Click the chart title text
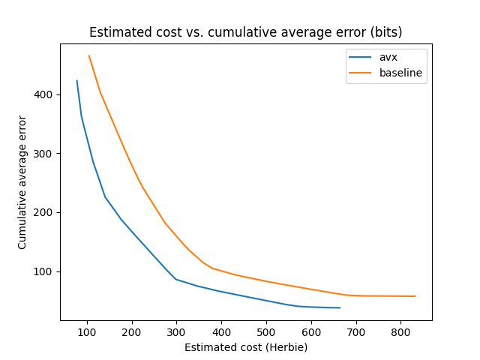(x=245, y=32)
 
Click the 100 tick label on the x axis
(x=87, y=332)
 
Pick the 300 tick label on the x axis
(x=177, y=332)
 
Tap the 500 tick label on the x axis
(x=266, y=332)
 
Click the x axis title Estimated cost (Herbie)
(x=245, y=347)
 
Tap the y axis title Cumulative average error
(x=22, y=182)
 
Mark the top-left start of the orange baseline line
(x=88, y=55)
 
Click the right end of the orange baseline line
(x=415, y=296)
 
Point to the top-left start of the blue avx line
(x=76, y=81)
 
